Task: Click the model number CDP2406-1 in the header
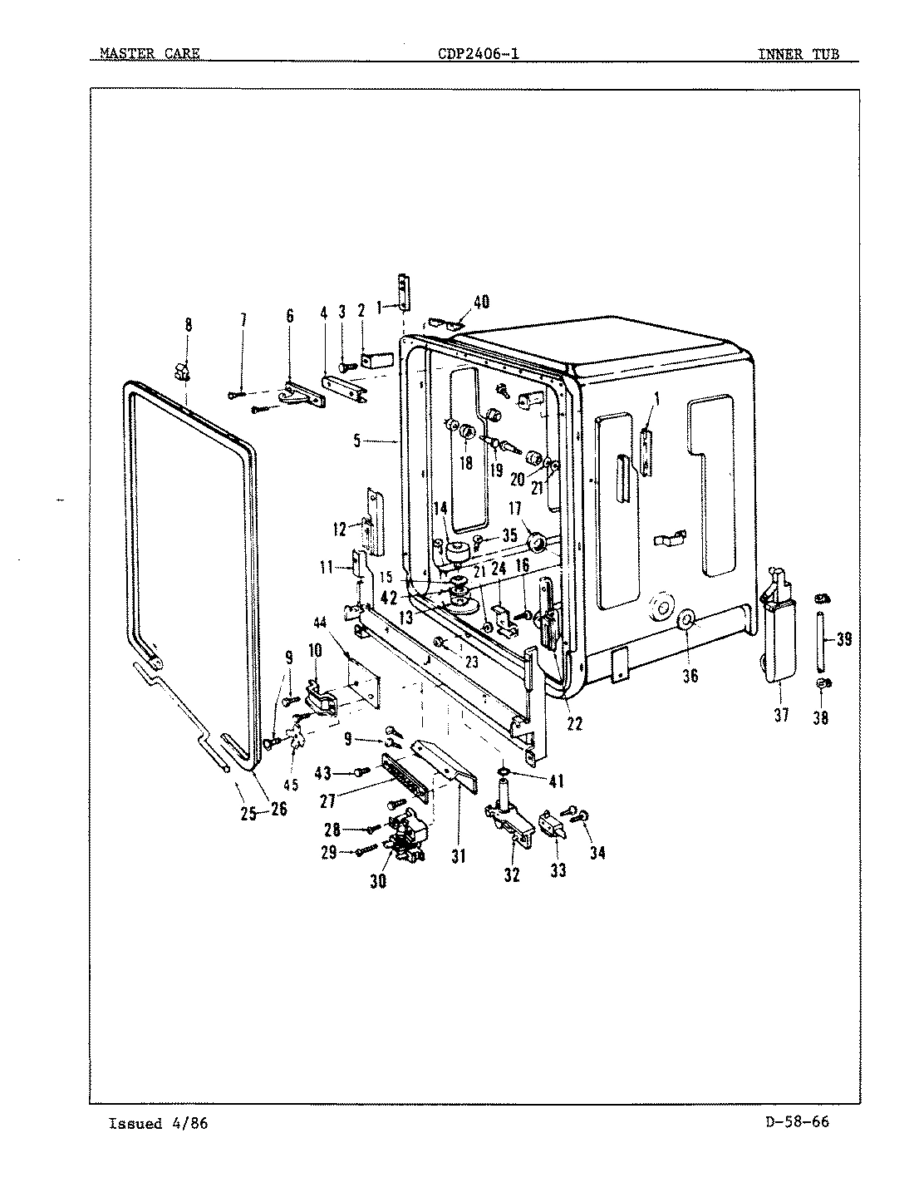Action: tap(479, 55)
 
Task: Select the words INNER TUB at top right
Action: tap(798, 55)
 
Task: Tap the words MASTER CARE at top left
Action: tap(149, 55)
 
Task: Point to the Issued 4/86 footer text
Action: tap(158, 1124)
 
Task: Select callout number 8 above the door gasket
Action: tap(188, 325)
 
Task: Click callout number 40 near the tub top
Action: tap(481, 302)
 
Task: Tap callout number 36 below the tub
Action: tap(690, 676)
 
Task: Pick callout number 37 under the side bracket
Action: tap(781, 715)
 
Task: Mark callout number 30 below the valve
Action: tap(378, 882)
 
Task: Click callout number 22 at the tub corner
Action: tap(574, 723)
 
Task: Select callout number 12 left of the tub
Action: tap(339, 529)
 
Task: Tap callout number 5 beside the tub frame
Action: tap(356, 442)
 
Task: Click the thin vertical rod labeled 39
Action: tap(821, 640)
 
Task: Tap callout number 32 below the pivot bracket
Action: tap(512, 874)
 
